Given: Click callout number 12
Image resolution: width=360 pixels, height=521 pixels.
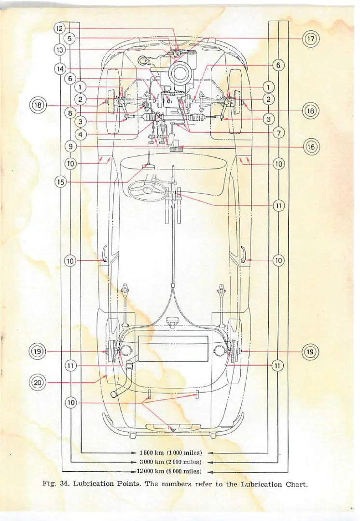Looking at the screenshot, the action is pyautogui.click(x=59, y=28).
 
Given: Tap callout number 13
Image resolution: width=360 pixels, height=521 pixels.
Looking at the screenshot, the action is pyautogui.click(x=60, y=49).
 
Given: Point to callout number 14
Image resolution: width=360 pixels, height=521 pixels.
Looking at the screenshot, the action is pyautogui.click(x=60, y=69).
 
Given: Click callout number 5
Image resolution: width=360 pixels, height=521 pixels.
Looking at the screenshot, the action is pyautogui.click(x=70, y=38).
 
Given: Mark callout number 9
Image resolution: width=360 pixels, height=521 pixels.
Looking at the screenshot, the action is pyautogui.click(x=70, y=146).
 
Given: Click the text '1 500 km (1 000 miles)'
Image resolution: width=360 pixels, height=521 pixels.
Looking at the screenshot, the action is pyautogui.click(x=170, y=453).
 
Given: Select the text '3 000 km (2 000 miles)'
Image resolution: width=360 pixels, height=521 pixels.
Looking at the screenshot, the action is pyautogui.click(x=170, y=462).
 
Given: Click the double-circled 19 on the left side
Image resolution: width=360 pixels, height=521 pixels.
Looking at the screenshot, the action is pyautogui.click(x=38, y=351).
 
